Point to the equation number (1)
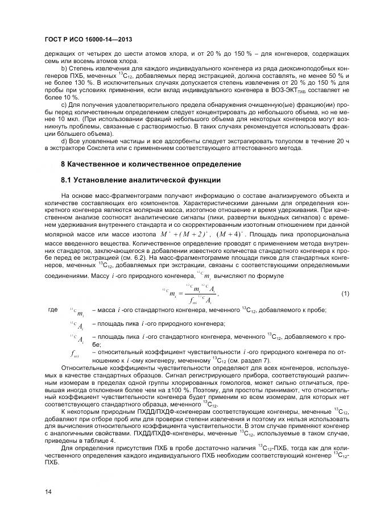coord(344,294)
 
